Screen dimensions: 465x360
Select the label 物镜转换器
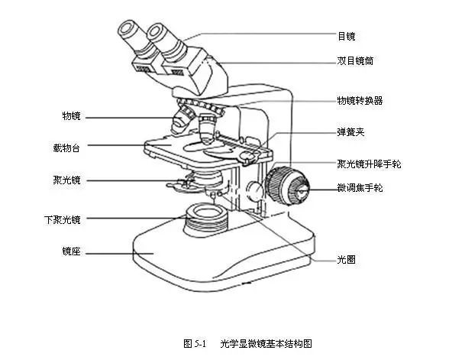tap(360, 100)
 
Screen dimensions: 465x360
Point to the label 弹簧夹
tap(350, 131)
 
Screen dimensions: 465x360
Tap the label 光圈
tap(347, 259)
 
